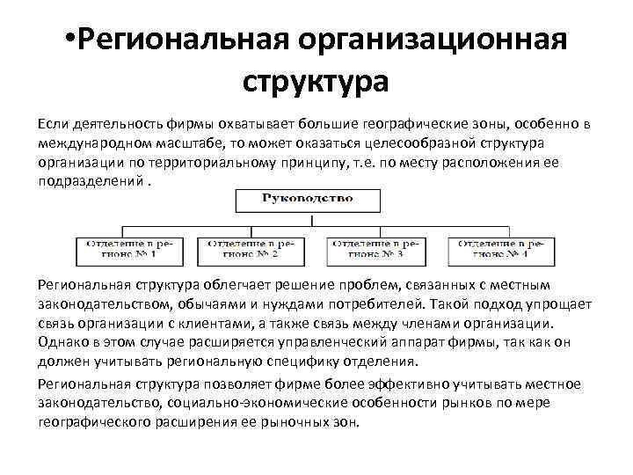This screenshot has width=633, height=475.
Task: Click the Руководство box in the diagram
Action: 307,199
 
